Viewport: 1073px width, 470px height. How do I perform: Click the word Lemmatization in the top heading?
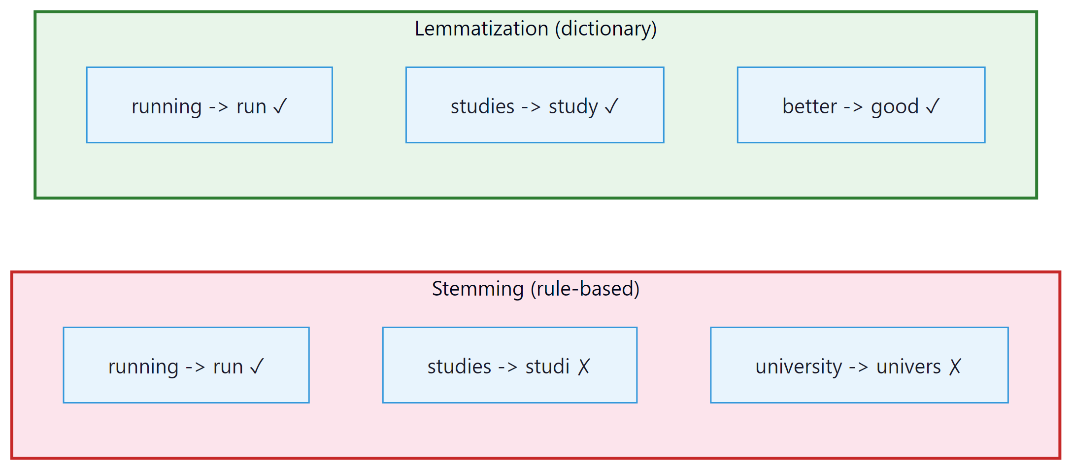481,29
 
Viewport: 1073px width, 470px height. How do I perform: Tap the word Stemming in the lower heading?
477,289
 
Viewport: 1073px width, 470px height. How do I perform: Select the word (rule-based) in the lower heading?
585,289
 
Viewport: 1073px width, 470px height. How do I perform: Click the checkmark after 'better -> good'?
933,106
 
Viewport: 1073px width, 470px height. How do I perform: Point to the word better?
809,106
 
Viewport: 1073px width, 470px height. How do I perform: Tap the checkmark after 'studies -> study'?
611,106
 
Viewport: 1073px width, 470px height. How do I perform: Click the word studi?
547,367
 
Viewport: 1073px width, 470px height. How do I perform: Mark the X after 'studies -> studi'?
584,367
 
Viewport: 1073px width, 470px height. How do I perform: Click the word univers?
908,367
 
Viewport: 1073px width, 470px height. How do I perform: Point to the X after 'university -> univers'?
955,367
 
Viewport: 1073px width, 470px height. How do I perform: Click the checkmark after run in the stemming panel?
257,367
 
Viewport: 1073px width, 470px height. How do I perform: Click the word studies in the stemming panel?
459,367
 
